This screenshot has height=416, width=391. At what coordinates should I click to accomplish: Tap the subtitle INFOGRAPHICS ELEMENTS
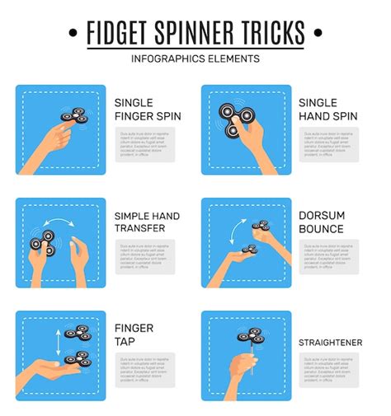(195, 58)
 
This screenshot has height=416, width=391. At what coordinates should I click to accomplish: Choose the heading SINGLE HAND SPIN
(328, 110)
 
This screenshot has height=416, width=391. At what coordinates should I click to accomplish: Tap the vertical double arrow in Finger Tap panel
(57, 342)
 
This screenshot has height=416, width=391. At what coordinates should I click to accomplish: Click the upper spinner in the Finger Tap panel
(78, 334)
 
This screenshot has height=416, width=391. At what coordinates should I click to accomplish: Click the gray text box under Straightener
(329, 371)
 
